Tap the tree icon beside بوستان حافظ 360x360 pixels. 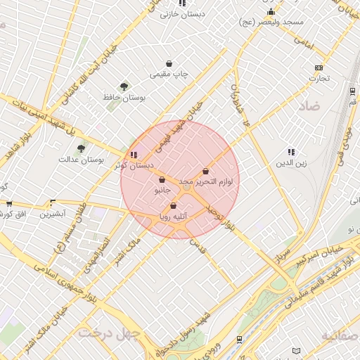pyautogui.click(x=124, y=86)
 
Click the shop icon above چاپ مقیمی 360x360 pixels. pyautogui.click(x=169, y=63)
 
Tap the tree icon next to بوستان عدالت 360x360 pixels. pyautogui.click(x=81, y=148)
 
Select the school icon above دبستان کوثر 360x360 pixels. pyautogui.click(x=134, y=155)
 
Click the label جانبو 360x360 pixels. pyautogui.click(x=162, y=190)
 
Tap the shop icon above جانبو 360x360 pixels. pyautogui.click(x=162, y=179)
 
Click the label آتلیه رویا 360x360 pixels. pyautogui.click(x=173, y=217)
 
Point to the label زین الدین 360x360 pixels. pyautogui.click(x=290, y=163)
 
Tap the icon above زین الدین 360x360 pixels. pyautogui.click(x=290, y=152)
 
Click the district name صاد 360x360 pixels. pyautogui.click(x=309, y=107)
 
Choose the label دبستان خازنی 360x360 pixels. pyautogui.click(x=182, y=13)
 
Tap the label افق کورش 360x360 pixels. pyautogui.click(x=13, y=213)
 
